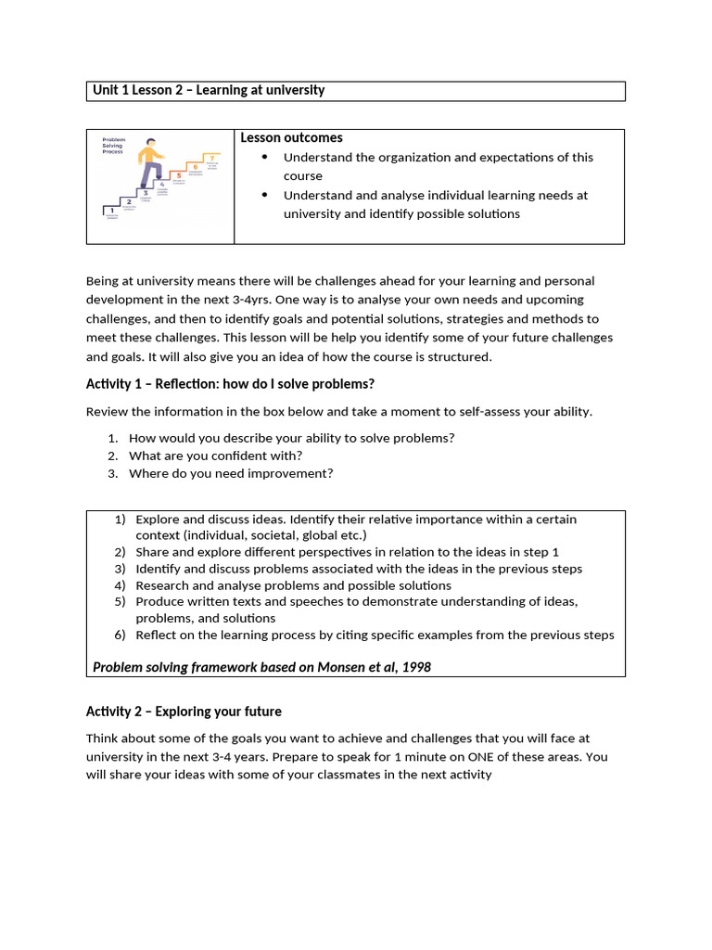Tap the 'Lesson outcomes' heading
click(291, 137)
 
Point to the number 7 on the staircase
click(212, 158)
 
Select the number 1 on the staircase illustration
click(111, 211)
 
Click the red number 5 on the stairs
click(179, 175)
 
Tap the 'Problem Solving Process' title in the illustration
click(114, 145)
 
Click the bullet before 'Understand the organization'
click(264, 158)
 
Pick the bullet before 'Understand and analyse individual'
click(264, 195)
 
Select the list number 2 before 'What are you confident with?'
click(112, 456)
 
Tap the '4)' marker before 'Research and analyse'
click(120, 585)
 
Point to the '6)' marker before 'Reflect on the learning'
click(120, 635)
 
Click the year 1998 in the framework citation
click(415, 667)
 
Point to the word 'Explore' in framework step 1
click(157, 520)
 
